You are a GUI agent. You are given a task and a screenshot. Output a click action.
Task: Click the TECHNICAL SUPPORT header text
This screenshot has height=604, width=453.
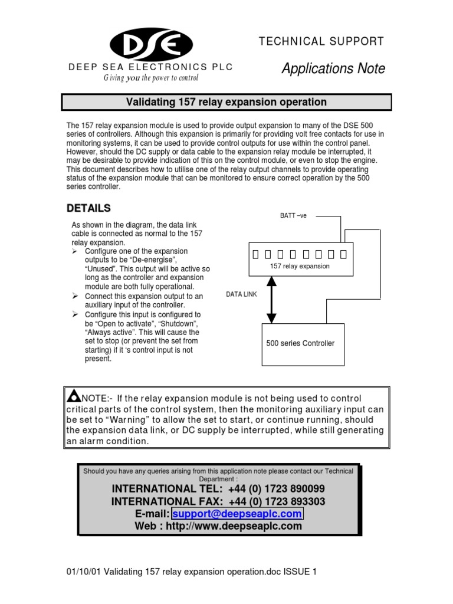[x=322, y=41]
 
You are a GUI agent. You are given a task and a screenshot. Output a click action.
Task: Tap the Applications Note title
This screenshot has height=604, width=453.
[x=333, y=69]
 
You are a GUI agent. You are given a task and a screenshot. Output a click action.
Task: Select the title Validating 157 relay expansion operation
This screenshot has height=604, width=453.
[x=226, y=102]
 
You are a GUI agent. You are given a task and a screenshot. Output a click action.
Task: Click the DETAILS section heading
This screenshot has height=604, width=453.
[x=88, y=208]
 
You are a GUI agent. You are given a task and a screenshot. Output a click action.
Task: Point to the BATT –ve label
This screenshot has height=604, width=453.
[x=293, y=216]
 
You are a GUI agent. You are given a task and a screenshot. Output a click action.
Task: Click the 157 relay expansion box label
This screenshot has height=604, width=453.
[x=300, y=267]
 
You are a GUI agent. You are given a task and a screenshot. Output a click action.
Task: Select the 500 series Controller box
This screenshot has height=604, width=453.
[x=301, y=343]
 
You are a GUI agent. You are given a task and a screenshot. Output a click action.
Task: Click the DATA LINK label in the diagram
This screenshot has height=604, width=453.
[x=242, y=293]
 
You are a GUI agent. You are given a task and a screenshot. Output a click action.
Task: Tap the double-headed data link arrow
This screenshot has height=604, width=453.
[x=271, y=300]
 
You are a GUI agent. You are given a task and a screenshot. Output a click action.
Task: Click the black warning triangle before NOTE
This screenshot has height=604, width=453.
[x=74, y=395]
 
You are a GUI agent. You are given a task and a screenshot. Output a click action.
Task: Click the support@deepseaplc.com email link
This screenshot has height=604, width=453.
[x=238, y=514]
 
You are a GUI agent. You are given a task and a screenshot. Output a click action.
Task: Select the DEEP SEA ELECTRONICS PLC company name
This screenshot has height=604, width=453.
[x=150, y=67]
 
